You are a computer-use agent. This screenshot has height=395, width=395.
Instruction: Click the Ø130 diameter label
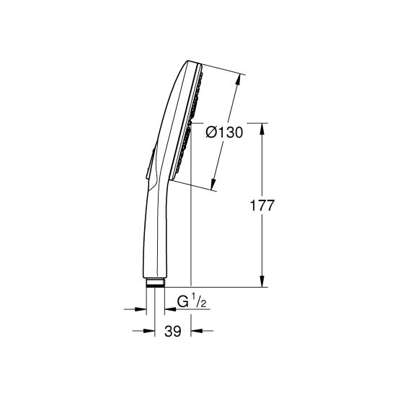[x=223, y=132]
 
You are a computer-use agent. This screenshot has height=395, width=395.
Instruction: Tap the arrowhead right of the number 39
[x=196, y=332]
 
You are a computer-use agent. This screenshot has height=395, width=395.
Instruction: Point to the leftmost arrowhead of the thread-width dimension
[x=140, y=310]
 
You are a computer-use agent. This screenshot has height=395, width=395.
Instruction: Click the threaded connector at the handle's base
[x=154, y=283]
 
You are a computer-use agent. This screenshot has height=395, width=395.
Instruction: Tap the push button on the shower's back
[x=147, y=166]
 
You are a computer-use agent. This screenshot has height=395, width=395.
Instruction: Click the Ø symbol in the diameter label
[x=211, y=132]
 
